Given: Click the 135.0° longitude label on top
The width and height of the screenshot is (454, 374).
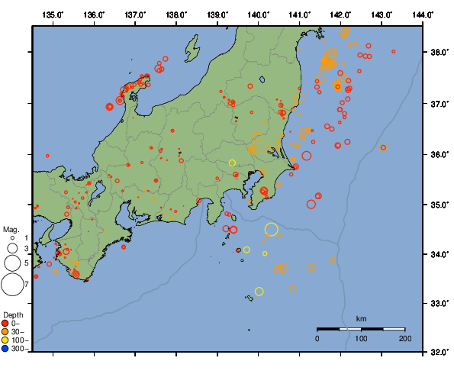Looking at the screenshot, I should click(53, 15).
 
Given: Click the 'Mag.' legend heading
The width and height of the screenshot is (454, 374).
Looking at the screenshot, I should click(11, 229).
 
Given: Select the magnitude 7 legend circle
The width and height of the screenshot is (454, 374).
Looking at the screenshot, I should click(11, 285).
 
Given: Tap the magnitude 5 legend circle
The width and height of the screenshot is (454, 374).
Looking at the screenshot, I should click(11, 263).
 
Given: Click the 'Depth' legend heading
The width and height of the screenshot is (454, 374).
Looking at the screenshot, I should click(12, 314).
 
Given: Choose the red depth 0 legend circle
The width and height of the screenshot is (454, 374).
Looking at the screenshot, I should click(6, 324).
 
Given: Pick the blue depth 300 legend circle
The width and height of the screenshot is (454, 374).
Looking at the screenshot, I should click(6, 349).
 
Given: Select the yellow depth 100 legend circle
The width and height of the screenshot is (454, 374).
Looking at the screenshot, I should click(6, 340).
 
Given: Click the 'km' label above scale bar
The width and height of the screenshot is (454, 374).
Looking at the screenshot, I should click(361, 318).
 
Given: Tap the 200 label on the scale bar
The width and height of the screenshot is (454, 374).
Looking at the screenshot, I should click(404, 338).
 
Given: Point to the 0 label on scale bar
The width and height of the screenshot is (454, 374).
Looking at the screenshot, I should click(317, 338).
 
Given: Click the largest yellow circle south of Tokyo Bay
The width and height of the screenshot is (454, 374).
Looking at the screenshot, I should click(272, 229).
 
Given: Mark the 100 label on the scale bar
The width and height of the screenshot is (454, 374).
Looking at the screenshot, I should click(361, 338).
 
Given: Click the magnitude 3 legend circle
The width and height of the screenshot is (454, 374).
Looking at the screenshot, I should click(11, 248).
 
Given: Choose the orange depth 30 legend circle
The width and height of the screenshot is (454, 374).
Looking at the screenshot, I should click(6, 332).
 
